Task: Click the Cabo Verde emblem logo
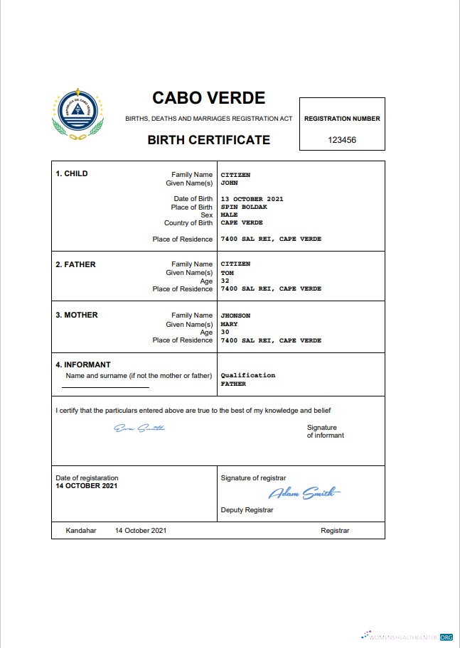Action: click(x=78, y=116)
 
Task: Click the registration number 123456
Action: click(x=342, y=140)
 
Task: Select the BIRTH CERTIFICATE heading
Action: click(x=208, y=140)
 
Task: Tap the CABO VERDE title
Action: click(x=208, y=98)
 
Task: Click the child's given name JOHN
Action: click(x=228, y=183)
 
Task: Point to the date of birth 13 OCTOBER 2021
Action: click(x=252, y=199)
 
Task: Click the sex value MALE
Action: click(x=228, y=215)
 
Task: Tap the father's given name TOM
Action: click(x=227, y=273)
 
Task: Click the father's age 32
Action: click(x=225, y=281)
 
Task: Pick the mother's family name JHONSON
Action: click(x=235, y=315)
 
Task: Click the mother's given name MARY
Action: click(x=229, y=324)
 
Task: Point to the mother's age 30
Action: click(x=225, y=332)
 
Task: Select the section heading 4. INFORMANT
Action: click(x=83, y=365)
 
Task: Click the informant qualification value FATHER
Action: click(x=233, y=384)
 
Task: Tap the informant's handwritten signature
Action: click(x=139, y=428)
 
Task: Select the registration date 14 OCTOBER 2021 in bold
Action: click(x=87, y=486)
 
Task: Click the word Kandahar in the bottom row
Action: click(x=80, y=531)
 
